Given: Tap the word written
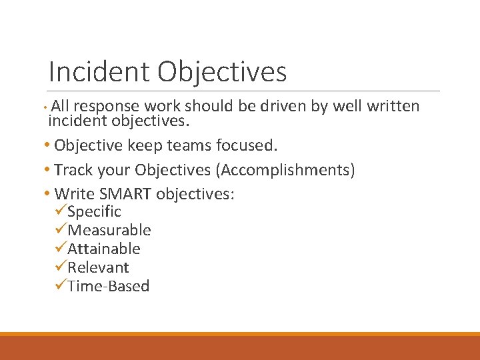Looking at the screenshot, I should click(x=395, y=106).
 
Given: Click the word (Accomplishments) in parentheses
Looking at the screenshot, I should click(x=285, y=171).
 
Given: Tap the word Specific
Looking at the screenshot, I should click(x=94, y=212).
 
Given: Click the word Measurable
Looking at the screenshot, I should click(x=109, y=231).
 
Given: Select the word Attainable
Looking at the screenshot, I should click(x=104, y=249).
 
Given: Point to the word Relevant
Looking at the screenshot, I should click(x=98, y=268).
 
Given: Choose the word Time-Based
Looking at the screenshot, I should click(x=109, y=287).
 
